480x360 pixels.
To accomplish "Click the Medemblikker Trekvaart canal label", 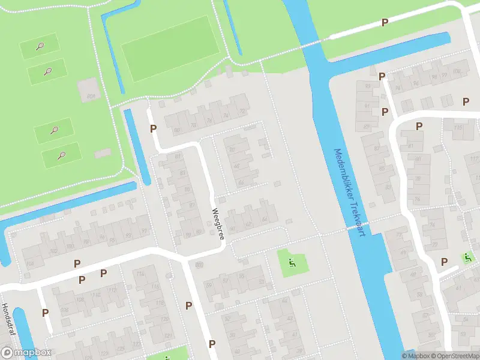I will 349,192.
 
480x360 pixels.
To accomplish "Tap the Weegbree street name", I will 218,224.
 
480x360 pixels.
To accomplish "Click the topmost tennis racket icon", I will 40,46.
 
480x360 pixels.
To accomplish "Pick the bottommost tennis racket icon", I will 61,155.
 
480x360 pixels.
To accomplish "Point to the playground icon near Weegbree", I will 292,262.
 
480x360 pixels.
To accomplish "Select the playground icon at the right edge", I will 468,257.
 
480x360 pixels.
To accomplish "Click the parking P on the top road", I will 385,22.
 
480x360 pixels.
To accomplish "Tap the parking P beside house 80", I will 154,128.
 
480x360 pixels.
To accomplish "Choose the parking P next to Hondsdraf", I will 45,312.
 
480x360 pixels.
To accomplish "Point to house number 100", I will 457,72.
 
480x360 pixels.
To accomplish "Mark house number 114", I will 140,274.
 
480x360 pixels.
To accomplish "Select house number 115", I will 459,128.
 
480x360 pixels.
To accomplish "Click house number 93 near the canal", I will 128,235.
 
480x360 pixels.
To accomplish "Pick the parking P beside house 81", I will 419,126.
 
